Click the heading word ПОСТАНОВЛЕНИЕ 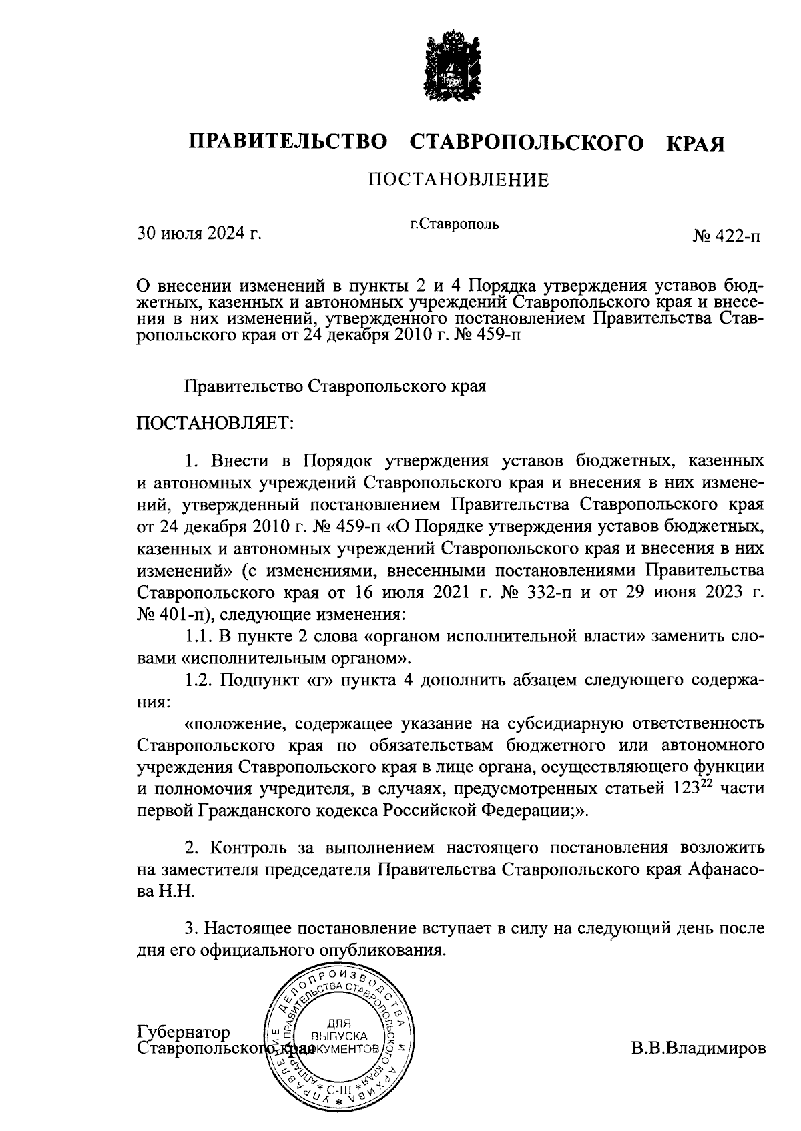click(x=459, y=180)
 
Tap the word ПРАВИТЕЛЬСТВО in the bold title click(x=288, y=143)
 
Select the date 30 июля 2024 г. click(x=198, y=234)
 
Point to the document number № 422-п click(x=726, y=236)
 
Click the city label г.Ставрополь click(x=455, y=224)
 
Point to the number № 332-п click(x=535, y=593)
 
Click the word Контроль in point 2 click(x=244, y=848)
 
